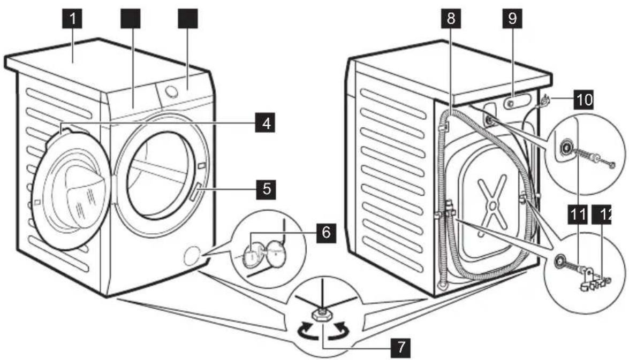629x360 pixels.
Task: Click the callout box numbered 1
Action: point(73,20)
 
